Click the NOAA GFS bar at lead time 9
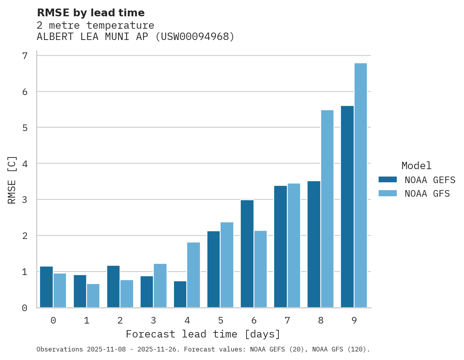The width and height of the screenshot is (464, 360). tap(360, 185)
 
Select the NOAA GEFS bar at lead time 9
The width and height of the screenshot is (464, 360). tap(347, 207)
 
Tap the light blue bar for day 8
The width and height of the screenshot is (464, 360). tap(327, 209)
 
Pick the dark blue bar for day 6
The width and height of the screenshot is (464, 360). tap(247, 254)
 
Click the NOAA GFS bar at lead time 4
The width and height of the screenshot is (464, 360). tap(193, 275)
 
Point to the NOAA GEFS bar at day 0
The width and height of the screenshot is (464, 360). tap(46, 287)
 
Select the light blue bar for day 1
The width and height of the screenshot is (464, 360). tap(93, 296)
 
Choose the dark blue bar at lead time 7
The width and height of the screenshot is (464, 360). tap(280, 247)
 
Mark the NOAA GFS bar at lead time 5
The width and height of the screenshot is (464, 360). tap(227, 265)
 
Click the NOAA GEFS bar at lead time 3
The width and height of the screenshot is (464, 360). tap(147, 292)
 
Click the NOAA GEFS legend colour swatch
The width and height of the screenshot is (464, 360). tap(388, 180)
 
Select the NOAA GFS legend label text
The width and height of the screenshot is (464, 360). tap(427, 194)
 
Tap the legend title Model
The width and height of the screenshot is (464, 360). tap(416, 166)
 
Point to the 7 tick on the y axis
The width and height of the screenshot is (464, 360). tap(25, 56)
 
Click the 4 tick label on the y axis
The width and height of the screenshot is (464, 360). tap(25, 164)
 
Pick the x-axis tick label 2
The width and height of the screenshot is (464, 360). tap(120, 321)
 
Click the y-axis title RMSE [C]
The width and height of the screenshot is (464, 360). tap(12, 180)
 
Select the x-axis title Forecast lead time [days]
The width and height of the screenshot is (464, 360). tap(203, 334)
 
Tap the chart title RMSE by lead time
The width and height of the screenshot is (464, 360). tap(90, 13)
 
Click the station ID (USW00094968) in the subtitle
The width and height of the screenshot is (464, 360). tap(195, 37)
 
